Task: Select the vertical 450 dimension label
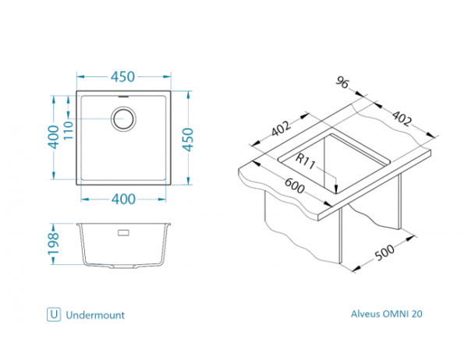(187, 139)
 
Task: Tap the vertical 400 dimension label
(53, 139)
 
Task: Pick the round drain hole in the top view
(124, 119)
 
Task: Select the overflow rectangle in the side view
(123, 231)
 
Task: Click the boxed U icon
(53, 315)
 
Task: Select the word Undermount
(95, 315)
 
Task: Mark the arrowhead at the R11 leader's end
(335, 190)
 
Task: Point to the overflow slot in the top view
(124, 98)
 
